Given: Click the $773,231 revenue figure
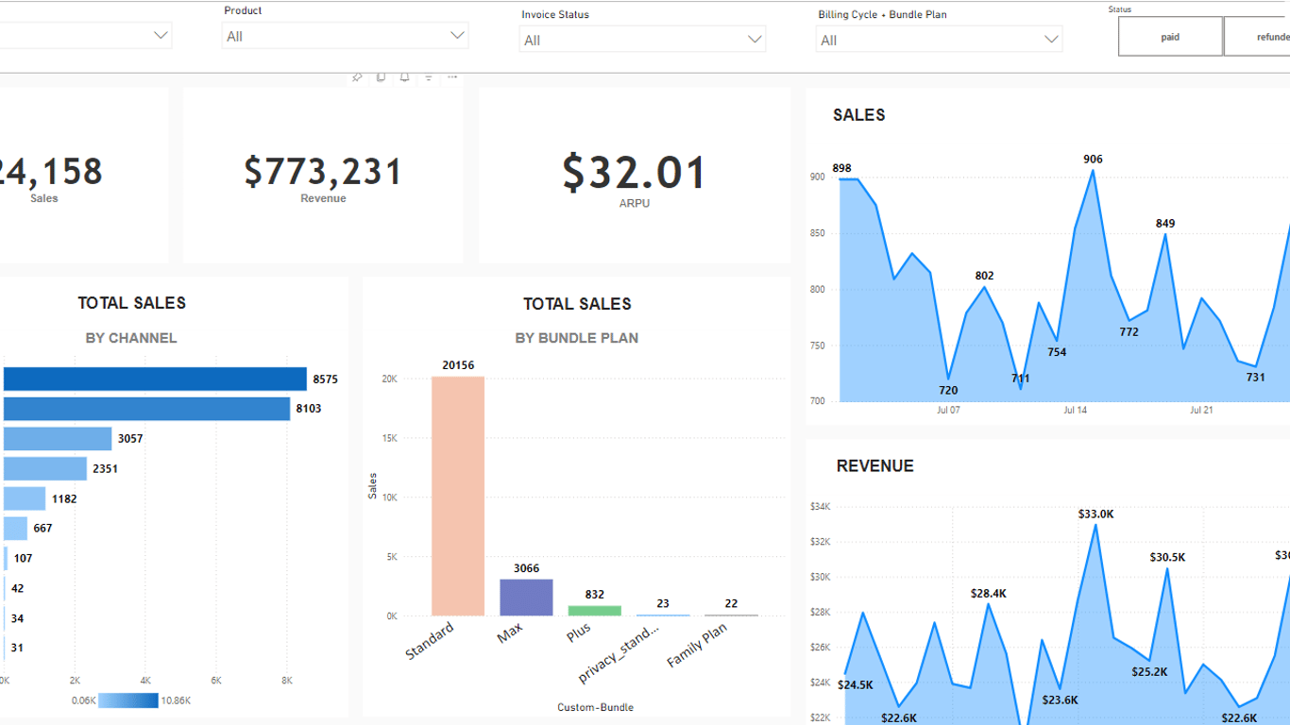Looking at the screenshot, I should click(x=323, y=172).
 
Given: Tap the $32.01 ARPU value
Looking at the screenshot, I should click(x=634, y=173).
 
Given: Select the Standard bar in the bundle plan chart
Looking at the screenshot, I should click(x=458, y=496).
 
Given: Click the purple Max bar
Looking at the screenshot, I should click(x=526, y=598).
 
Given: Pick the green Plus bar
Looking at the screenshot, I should click(x=594, y=611).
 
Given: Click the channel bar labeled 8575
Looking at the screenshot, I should click(x=155, y=379).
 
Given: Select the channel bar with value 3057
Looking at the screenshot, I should click(x=58, y=439).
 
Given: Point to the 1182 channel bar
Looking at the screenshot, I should click(x=25, y=498).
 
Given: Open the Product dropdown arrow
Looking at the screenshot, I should click(x=458, y=36).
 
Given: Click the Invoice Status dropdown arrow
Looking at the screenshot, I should click(x=755, y=40).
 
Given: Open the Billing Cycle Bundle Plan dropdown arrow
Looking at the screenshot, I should click(x=1051, y=40).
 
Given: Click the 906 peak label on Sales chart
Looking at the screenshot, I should click(x=1093, y=160).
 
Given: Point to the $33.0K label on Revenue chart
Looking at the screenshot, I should click(x=1095, y=514).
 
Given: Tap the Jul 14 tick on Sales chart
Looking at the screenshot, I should click(x=1075, y=411).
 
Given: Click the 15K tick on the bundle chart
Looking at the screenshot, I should click(x=389, y=438).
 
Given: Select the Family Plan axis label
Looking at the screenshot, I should click(x=697, y=646).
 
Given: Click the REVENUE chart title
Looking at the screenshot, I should click(x=874, y=466).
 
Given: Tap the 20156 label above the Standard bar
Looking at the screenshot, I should click(x=458, y=365).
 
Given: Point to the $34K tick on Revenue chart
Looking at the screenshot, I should click(x=820, y=507).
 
